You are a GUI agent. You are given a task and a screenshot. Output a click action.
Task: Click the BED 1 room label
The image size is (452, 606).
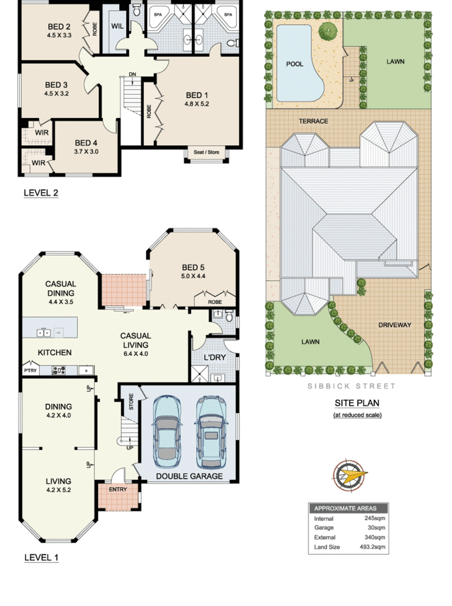[x=197, y=95]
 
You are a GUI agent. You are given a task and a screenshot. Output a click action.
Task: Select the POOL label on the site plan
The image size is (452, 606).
[x=294, y=64]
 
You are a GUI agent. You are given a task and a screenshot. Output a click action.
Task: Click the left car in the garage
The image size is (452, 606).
[x=167, y=428]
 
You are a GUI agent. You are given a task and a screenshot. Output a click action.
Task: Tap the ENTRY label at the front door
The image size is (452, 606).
[x=118, y=489]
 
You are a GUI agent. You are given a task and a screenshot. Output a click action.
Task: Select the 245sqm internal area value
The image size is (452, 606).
[x=375, y=518]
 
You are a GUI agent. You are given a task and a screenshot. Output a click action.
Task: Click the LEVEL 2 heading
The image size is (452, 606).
[x=41, y=193]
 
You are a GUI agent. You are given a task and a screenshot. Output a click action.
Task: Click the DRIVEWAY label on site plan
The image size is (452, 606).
[x=394, y=325]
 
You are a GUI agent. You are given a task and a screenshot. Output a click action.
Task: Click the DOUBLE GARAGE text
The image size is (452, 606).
[x=189, y=477]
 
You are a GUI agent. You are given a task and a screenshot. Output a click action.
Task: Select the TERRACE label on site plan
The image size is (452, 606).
[x=314, y=121]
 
